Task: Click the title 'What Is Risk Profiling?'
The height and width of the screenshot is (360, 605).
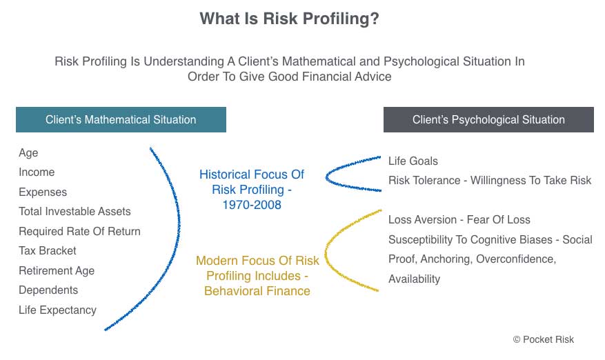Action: (x=289, y=19)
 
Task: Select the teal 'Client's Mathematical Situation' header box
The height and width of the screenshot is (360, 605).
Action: (x=121, y=119)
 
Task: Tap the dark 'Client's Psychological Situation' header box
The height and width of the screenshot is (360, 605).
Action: (x=488, y=119)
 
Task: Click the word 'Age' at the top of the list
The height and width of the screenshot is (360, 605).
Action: (x=28, y=153)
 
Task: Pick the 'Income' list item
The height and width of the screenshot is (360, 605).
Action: (x=37, y=172)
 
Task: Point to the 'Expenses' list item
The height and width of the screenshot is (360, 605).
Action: (x=43, y=192)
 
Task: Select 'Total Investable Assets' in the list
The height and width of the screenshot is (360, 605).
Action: (x=75, y=212)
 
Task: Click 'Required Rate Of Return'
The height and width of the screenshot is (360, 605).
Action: (x=79, y=231)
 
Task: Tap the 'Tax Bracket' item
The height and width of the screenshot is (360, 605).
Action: (x=48, y=251)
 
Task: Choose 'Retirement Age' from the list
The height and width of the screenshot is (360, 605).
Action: (x=57, y=271)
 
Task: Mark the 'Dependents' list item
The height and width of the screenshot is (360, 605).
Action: (x=48, y=290)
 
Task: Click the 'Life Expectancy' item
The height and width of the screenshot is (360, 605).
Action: (x=57, y=310)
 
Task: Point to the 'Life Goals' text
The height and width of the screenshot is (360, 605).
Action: (x=413, y=161)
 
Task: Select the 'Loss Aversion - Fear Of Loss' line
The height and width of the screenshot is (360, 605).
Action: (x=459, y=219)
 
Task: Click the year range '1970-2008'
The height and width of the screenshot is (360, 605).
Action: (x=252, y=205)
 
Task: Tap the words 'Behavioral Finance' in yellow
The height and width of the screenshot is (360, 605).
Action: (x=257, y=291)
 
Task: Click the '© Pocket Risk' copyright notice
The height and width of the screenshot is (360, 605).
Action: (x=544, y=339)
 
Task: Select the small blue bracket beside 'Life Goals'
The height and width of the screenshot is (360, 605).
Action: (x=327, y=177)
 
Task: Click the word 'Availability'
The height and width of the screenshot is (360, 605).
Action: (x=415, y=279)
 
